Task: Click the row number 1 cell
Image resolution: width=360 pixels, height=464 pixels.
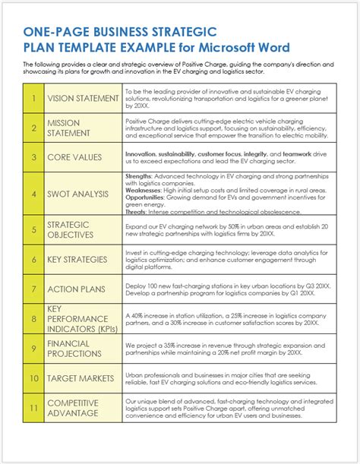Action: coord(34,98)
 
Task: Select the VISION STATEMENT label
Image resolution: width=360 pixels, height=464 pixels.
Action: coord(83,98)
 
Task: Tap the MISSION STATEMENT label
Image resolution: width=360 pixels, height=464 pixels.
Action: coord(68,128)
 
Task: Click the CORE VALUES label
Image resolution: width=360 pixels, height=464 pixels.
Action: coord(75,157)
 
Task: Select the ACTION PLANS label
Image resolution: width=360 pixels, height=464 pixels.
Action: coord(76,289)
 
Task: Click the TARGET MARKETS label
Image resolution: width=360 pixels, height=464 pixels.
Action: coord(81,377)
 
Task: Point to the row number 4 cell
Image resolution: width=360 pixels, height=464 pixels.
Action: coord(34,194)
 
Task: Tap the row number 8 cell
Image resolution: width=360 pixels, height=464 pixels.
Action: coord(34,319)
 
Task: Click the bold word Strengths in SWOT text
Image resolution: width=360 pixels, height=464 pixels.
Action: coord(139,176)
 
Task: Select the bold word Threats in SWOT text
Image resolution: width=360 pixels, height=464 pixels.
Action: coord(136,212)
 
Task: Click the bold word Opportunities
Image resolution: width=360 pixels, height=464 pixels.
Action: coord(144,198)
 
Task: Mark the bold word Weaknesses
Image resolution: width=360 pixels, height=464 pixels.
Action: coord(143,191)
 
